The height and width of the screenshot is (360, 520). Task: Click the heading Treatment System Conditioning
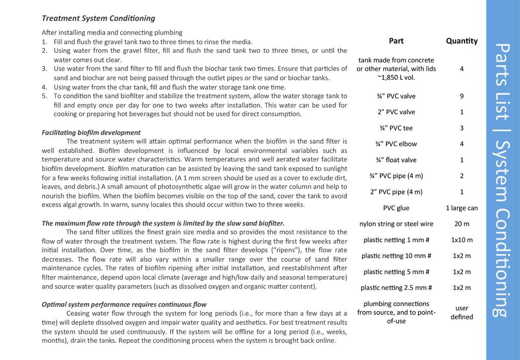[x=98, y=18]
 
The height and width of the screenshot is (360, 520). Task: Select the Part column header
[x=396, y=41]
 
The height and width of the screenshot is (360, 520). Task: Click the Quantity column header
[x=462, y=41]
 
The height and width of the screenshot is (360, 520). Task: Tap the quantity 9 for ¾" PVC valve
[x=462, y=96]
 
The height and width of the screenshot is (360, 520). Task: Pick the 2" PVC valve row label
[x=396, y=112]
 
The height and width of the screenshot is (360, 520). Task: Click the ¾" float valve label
[x=396, y=160]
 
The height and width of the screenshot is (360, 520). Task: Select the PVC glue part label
[x=396, y=208]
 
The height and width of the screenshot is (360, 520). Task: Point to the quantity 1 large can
[x=462, y=208]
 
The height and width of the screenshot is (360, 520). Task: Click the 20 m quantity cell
[x=462, y=223]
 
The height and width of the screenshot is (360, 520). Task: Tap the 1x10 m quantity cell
[x=462, y=240]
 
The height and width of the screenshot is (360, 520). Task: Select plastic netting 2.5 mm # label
[x=396, y=287]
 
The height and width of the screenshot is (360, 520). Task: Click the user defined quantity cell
[x=462, y=312]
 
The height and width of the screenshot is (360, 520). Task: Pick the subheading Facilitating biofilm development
[x=91, y=133]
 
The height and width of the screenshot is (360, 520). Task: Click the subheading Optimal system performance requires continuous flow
[x=124, y=305]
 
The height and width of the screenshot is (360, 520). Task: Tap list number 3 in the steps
[x=44, y=69]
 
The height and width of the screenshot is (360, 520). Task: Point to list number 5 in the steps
[x=44, y=95]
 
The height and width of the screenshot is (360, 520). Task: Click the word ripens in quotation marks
[x=288, y=250]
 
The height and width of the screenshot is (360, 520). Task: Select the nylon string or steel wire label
[x=396, y=223]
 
